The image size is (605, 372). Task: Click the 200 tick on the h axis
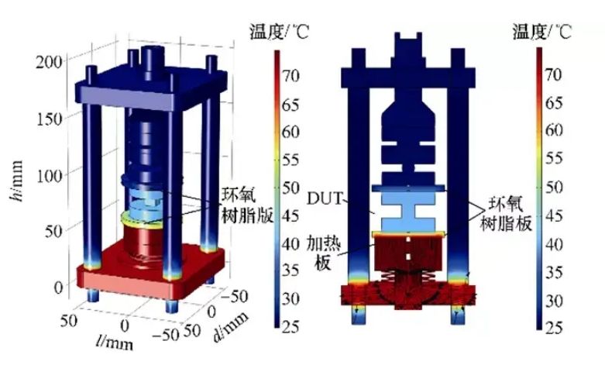[x=49, y=62]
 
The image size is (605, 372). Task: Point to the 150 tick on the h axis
[x=49, y=119]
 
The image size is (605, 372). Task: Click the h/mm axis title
[x=15, y=181]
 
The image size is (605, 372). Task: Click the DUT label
[x=325, y=198]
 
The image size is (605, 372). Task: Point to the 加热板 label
[x=324, y=253]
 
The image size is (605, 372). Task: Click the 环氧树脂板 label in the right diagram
[x=506, y=213]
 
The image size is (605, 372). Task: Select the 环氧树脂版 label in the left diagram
[x=247, y=205]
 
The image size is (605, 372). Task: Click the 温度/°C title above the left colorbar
[x=279, y=32]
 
